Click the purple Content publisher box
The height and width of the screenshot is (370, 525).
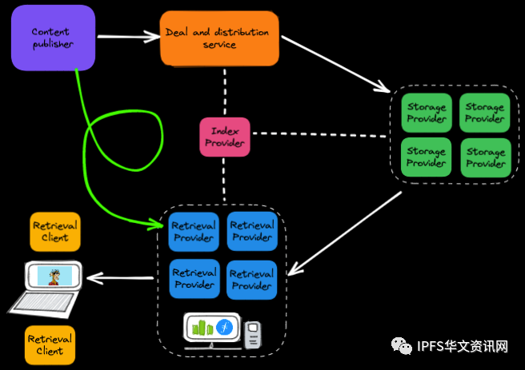pyautogui.click(x=53, y=38)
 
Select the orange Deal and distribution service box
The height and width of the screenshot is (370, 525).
pyautogui.click(x=218, y=38)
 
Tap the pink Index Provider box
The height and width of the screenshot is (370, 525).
pyautogui.click(x=225, y=137)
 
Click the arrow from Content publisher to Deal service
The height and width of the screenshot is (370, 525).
pyautogui.click(x=128, y=35)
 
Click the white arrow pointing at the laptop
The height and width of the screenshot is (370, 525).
pyautogui.click(x=120, y=278)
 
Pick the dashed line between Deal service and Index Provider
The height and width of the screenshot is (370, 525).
pyautogui.click(x=225, y=90)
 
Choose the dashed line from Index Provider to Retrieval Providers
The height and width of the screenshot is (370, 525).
pyautogui.click(x=225, y=181)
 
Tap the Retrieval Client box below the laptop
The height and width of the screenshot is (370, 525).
pyautogui.click(x=50, y=344)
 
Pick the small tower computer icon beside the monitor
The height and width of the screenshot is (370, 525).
pyautogui.click(x=253, y=333)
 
